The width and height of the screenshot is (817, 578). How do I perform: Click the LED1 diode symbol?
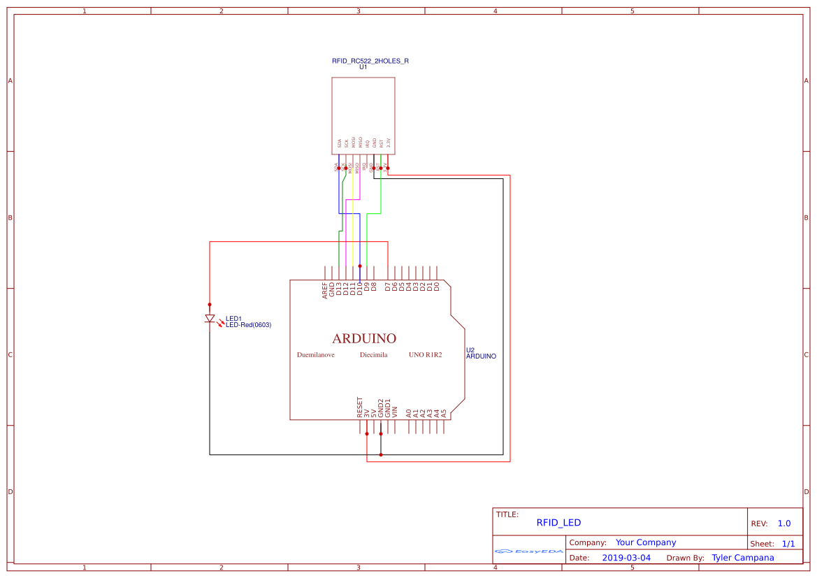point(210,319)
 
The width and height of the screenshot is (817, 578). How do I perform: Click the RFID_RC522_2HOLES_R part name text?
point(370,61)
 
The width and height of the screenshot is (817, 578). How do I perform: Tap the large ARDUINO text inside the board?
point(364,338)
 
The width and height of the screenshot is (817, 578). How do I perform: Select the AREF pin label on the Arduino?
point(325,290)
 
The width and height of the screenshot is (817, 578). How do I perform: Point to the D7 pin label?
point(388,287)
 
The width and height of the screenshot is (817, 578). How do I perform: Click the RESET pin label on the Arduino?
point(360,407)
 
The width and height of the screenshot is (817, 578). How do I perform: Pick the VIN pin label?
point(395,412)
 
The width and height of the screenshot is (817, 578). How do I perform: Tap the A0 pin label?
point(409,413)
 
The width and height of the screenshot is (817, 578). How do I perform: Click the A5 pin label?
point(444,413)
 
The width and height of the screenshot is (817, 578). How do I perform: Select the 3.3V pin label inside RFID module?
point(388,144)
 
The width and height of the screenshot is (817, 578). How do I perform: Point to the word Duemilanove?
point(315,355)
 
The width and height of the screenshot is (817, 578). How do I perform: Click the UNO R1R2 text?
point(426,355)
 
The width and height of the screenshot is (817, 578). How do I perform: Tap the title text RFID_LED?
point(558,523)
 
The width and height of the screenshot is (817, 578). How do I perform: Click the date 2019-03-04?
point(626,558)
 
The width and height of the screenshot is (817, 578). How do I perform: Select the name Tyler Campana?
point(742,558)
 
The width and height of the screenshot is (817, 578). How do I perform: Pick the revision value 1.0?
point(783,523)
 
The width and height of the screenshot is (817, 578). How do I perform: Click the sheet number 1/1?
point(788,543)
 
